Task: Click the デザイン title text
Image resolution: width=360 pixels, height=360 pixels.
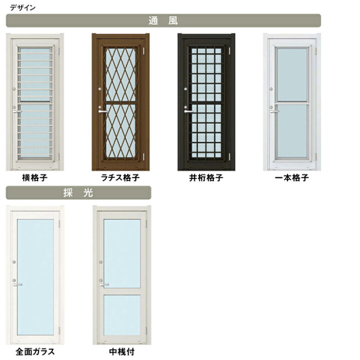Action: click(x=22, y=8)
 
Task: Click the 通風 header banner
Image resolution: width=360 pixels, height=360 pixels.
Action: click(x=163, y=20)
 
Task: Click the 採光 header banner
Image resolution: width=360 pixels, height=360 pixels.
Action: click(x=78, y=192)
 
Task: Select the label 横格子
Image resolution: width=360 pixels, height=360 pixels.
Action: click(x=34, y=177)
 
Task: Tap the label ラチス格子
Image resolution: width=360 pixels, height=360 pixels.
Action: click(x=120, y=177)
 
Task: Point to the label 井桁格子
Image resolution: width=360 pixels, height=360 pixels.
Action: click(x=206, y=177)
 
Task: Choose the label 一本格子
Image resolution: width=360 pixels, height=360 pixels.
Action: click(x=291, y=177)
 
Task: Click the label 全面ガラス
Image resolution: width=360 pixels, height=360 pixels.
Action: click(x=35, y=351)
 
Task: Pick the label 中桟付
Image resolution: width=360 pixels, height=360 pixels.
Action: click(x=121, y=351)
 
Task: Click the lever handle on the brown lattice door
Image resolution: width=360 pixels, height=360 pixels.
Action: click(x=102, y=111)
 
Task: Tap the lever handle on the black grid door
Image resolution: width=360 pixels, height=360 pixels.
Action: click(x=188, y=111)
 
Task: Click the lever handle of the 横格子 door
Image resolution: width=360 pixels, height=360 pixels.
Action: click(x=17, y=111)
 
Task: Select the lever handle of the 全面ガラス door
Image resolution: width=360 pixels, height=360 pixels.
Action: click(x=17, y=284)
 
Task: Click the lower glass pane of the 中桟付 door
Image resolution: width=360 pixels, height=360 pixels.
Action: click(x=122, y=315)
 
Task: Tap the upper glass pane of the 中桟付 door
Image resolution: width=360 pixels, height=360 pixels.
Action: click(x=122, y=253)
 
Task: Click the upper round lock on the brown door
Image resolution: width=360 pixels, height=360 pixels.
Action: click(x=100, y=89)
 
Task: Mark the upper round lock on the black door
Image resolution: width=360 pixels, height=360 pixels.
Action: click(x=185, y=89)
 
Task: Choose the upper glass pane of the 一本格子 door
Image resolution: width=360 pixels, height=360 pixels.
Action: click(x=292, y=74)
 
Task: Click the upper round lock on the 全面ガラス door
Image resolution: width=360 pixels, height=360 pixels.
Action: click(x=14, y=262)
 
